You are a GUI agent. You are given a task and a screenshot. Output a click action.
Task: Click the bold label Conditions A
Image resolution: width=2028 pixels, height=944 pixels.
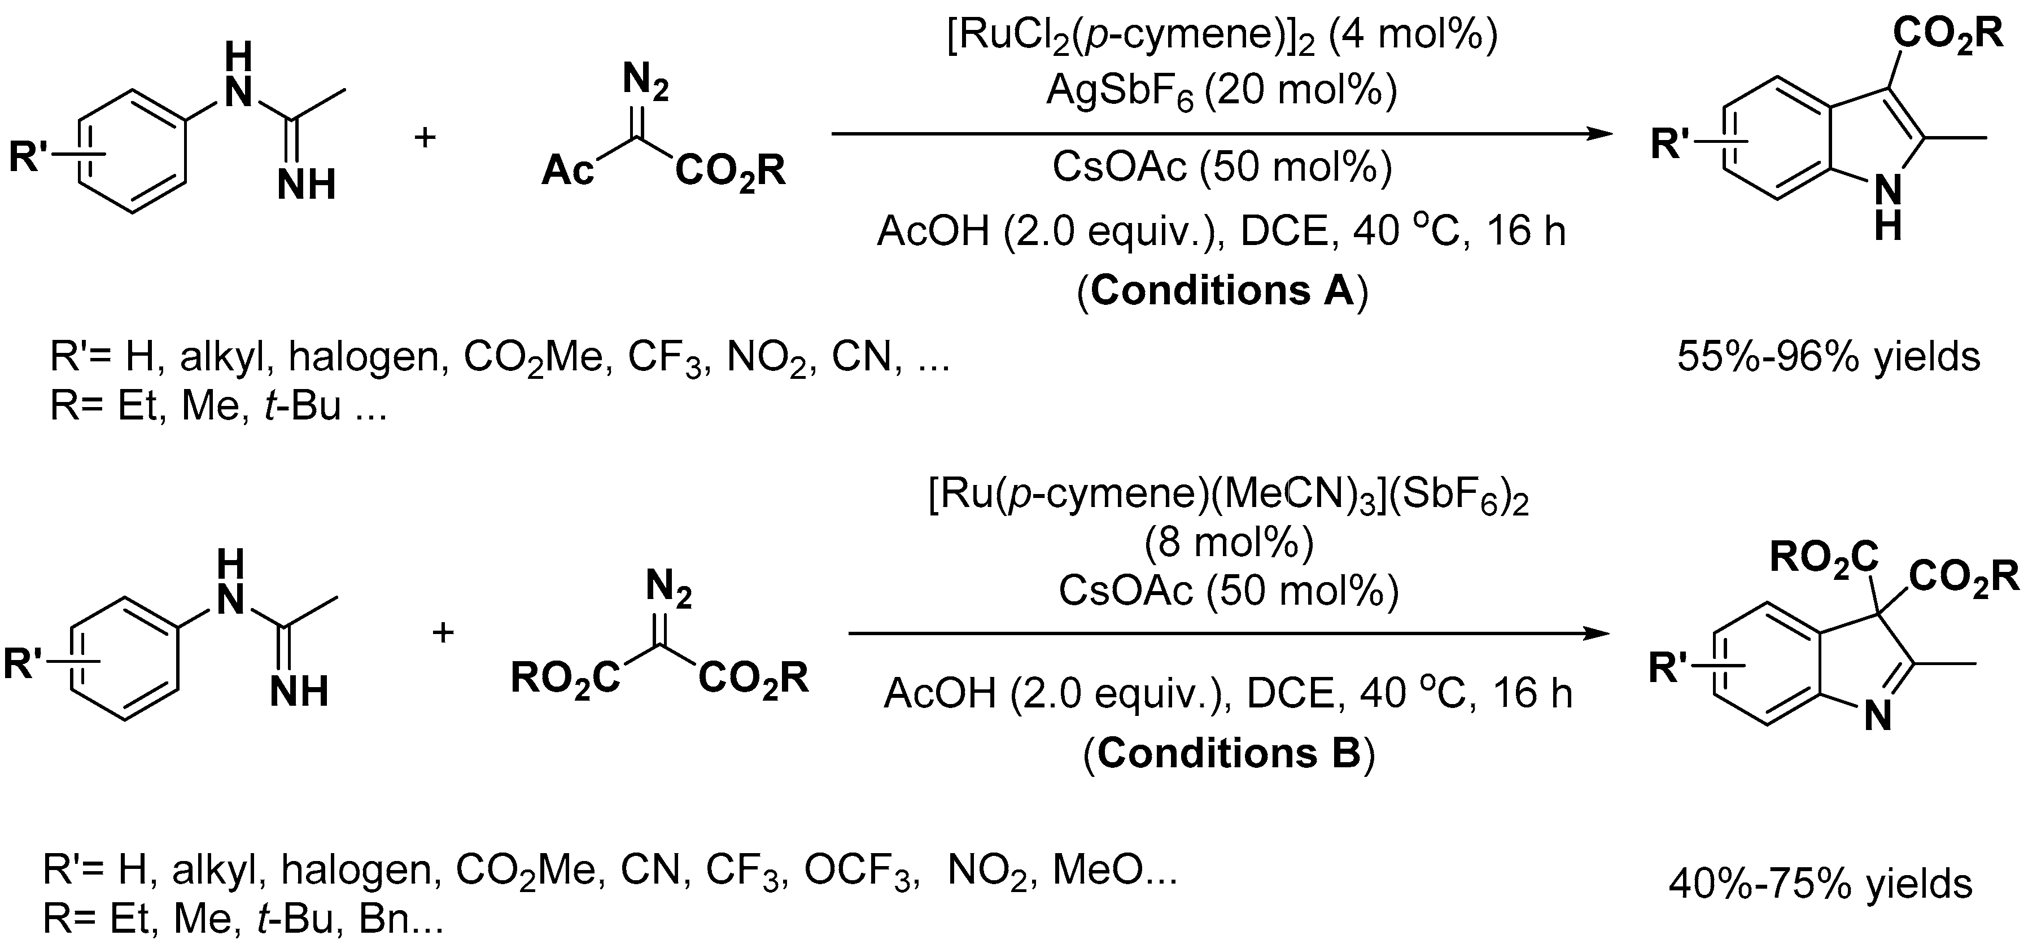1222,291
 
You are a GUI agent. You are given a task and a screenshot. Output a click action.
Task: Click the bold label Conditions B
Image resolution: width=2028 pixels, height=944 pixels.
1229,754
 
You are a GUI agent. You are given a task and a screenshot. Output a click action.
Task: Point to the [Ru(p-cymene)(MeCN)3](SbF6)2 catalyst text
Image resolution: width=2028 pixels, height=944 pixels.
1228,496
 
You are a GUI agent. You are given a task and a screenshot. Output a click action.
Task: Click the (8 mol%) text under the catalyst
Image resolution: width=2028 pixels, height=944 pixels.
1228,543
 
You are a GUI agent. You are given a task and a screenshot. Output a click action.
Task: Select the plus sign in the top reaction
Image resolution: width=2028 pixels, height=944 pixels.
425,138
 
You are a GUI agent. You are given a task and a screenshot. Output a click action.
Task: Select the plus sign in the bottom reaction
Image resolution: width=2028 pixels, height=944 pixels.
443,632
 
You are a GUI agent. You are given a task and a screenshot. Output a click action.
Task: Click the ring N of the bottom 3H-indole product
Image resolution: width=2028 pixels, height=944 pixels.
1878,717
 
